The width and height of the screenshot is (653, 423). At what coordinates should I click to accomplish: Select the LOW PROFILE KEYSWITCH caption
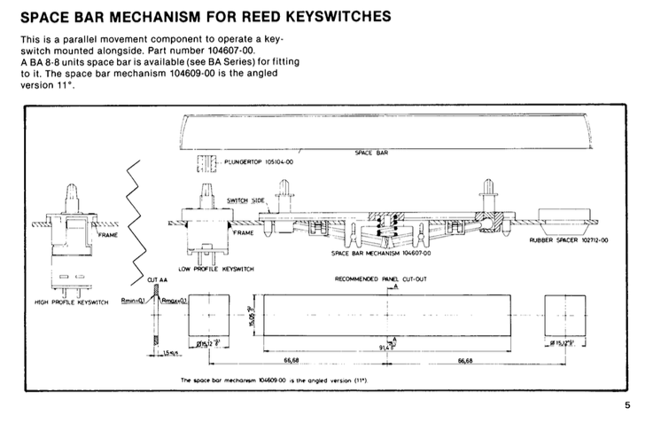[x=215, y=269]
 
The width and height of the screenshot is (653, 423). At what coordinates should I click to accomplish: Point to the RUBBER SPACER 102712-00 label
[x=569, y=240]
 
